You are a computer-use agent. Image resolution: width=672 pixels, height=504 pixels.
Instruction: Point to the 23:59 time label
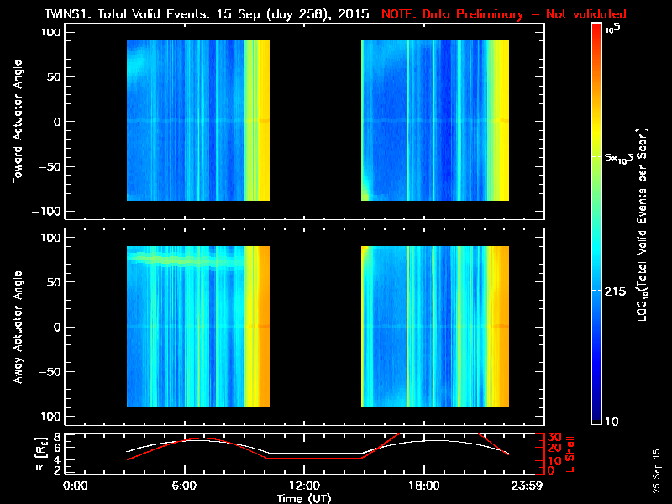(x=527, y=486)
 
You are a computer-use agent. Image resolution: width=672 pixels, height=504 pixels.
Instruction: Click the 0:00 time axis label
(x=76, y=486)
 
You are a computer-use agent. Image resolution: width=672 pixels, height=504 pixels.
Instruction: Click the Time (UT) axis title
(x=303, y=498)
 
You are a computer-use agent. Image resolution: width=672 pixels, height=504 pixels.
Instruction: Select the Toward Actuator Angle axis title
(x=17, y=120)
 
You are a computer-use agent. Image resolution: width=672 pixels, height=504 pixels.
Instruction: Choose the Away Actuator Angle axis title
(x=17, y=328)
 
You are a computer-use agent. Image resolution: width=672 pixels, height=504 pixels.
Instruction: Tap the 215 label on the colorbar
(x=619, y=290)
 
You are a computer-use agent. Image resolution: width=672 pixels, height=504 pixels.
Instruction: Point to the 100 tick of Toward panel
(x=52, y=31)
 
